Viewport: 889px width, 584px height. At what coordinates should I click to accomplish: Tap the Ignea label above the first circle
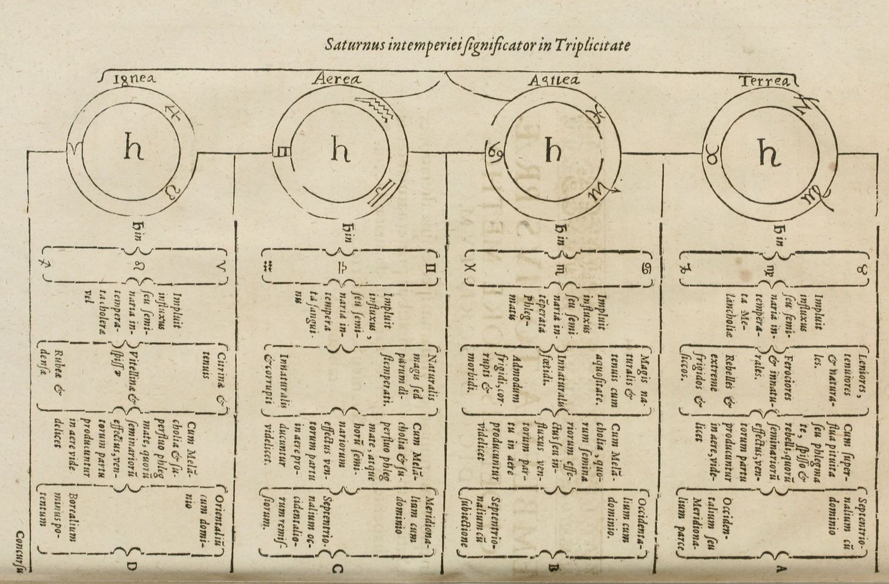pyautogui.click(x=134, y=79)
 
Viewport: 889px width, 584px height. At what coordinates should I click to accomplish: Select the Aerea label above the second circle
pyautogui.click(x=338, y=79)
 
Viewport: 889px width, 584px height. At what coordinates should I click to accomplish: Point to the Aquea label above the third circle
pyautogui.click(x=553, y=81)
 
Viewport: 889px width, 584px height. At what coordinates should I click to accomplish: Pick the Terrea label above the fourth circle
pyautogui.click(x=765, y=81)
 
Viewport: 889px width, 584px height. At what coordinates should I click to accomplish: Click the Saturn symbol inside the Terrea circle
pyautogui.click(x=768, y=153)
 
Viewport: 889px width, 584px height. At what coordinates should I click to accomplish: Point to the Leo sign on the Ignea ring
pyautogui.click(x=169, y=190)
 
